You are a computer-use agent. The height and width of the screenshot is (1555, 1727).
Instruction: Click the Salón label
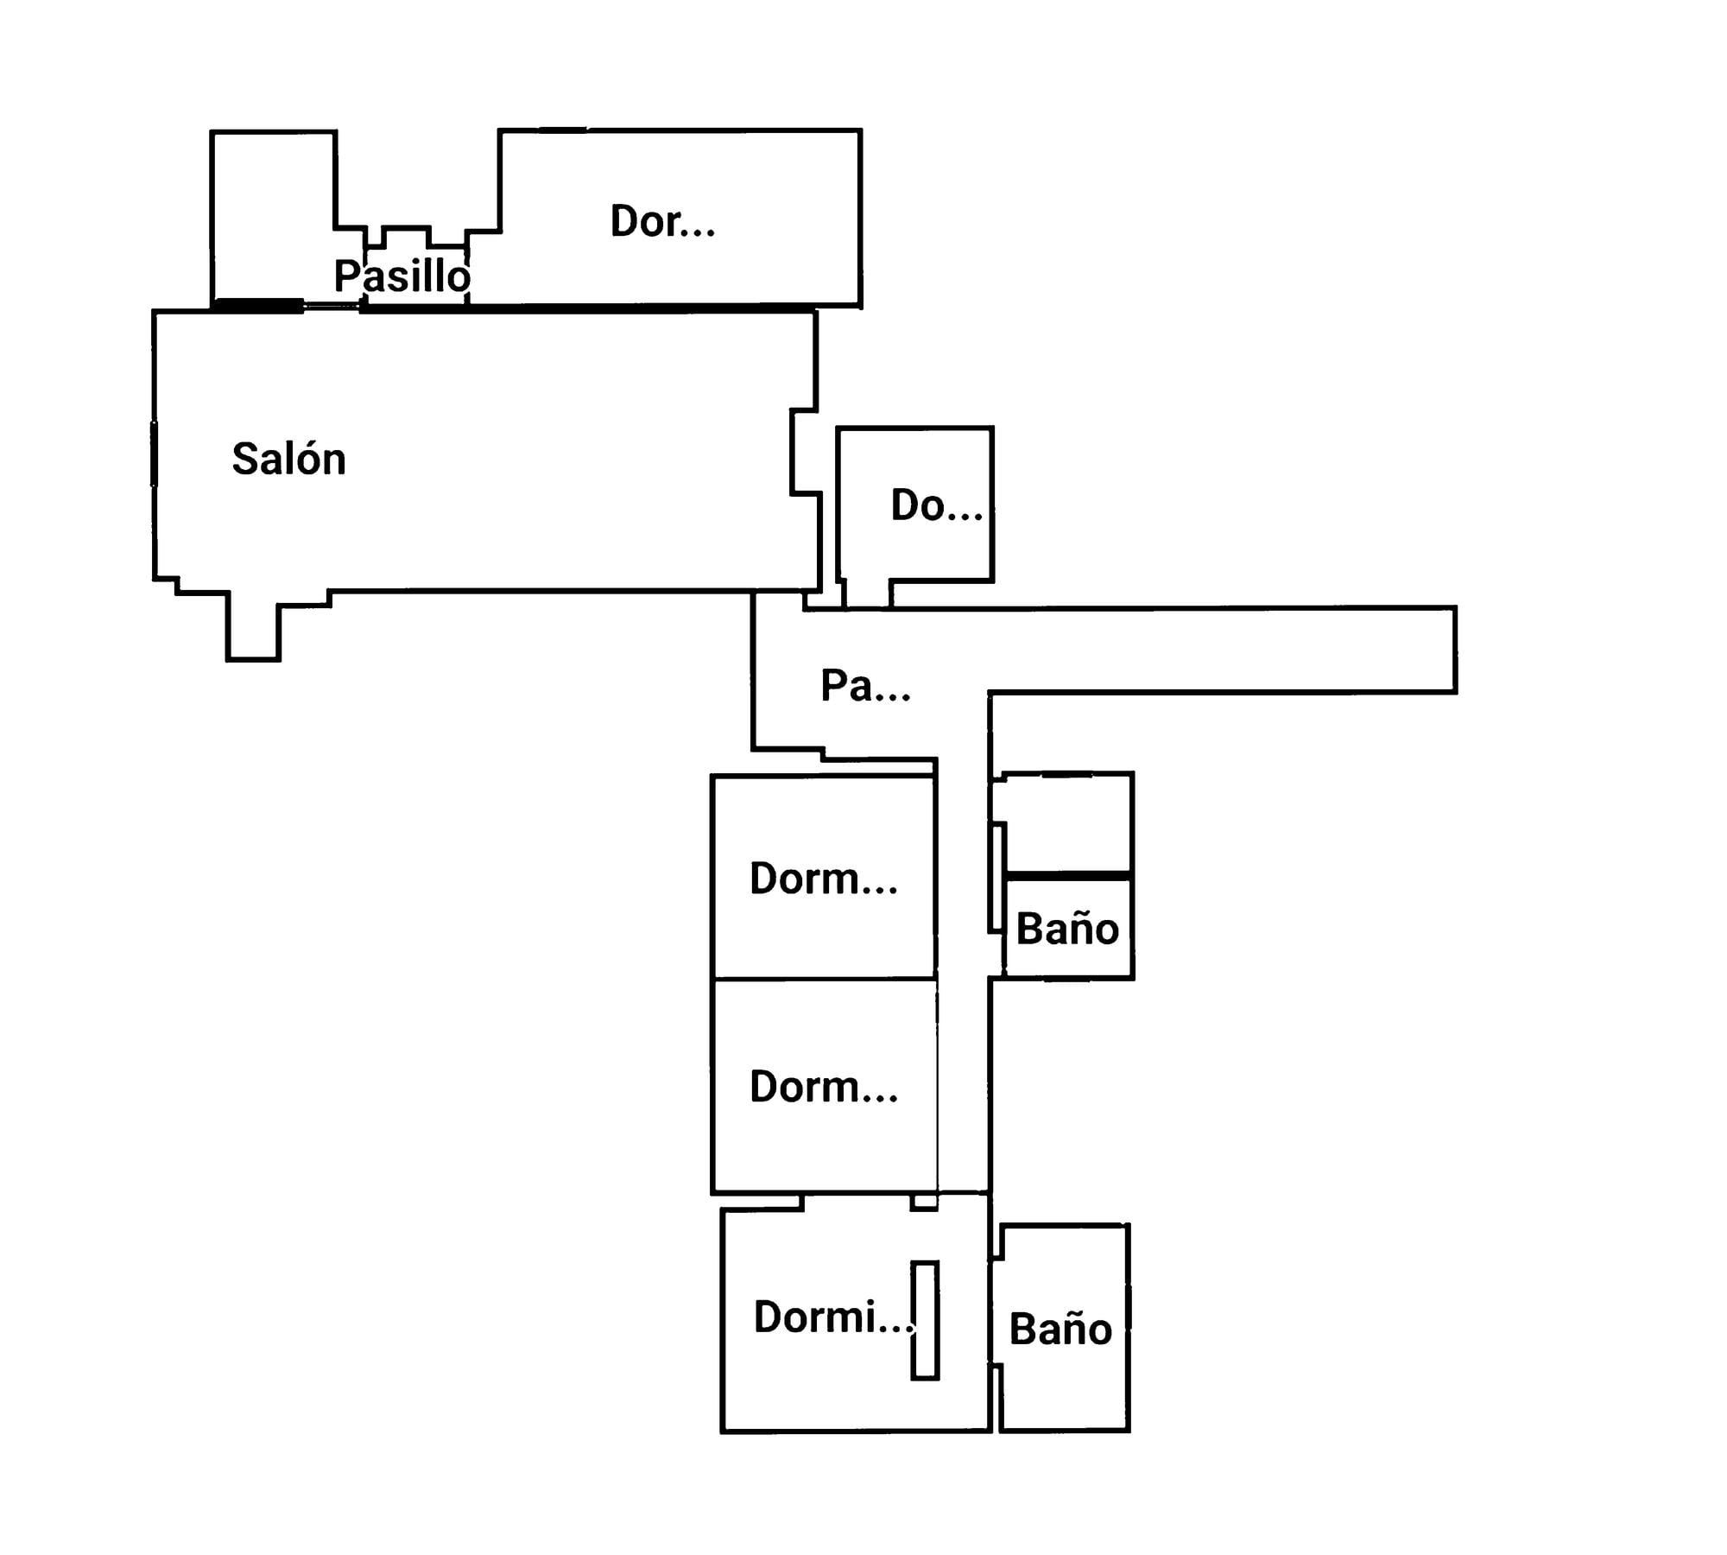tap(288, 458)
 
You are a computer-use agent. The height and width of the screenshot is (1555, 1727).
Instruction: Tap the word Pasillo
tap(402, 276)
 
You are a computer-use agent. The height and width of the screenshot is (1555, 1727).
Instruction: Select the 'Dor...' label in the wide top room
tap(662, 221)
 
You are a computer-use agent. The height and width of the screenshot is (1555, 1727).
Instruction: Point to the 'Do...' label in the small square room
tap(936, 505)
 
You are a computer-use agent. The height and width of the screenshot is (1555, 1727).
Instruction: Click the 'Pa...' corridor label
tap(865, 686)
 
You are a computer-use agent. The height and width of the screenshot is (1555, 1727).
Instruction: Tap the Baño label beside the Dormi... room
tap(1060, 1329)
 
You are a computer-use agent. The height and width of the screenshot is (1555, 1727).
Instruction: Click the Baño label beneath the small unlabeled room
tap(1067, 929)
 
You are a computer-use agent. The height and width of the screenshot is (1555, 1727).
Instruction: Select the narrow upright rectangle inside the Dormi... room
tap(925, 1320)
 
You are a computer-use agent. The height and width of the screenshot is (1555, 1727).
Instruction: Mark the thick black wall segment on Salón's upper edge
tap(257, 304)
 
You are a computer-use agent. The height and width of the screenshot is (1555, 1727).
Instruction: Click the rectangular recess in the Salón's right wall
tap(804, 452)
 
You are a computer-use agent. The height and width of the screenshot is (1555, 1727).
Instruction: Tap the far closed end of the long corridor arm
tap(1455, 650)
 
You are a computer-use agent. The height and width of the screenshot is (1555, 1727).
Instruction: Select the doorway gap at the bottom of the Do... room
tap(867, 594)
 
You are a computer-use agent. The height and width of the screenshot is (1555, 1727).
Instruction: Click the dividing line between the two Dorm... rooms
tap(824, 979)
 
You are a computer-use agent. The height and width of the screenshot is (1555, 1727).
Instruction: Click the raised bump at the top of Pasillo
tap(406, 238)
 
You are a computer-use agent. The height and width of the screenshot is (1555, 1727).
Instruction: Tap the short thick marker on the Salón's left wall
tap(155, 454)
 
